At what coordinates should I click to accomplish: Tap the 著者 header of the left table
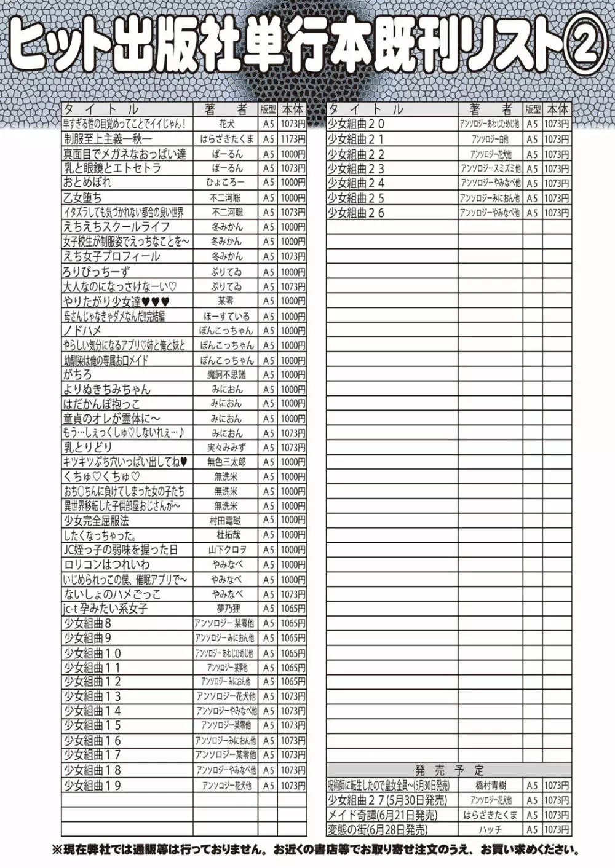point(225,109)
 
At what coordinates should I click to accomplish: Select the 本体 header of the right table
point(557,109)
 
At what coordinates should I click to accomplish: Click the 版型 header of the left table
point(268,109)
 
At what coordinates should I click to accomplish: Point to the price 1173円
point(293,139)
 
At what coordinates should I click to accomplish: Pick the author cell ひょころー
point(225,183)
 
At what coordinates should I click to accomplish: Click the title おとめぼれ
point(87,183)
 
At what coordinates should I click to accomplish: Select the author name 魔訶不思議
point(226,374)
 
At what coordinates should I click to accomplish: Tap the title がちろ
point(77,374)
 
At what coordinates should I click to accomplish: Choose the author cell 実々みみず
point(226,448)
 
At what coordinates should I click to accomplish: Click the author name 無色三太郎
point(226,462)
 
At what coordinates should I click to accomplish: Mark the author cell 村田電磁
point(226,521)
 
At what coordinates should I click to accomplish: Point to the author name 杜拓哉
point(226,535)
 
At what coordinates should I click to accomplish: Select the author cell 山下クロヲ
point(226,550)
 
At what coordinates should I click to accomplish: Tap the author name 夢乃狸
point(226,609)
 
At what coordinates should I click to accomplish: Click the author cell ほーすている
point(226,316)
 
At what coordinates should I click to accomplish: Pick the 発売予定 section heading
point(449,770)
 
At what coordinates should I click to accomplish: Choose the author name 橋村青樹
point(490,786)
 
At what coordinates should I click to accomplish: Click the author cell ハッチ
point(490,830)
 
